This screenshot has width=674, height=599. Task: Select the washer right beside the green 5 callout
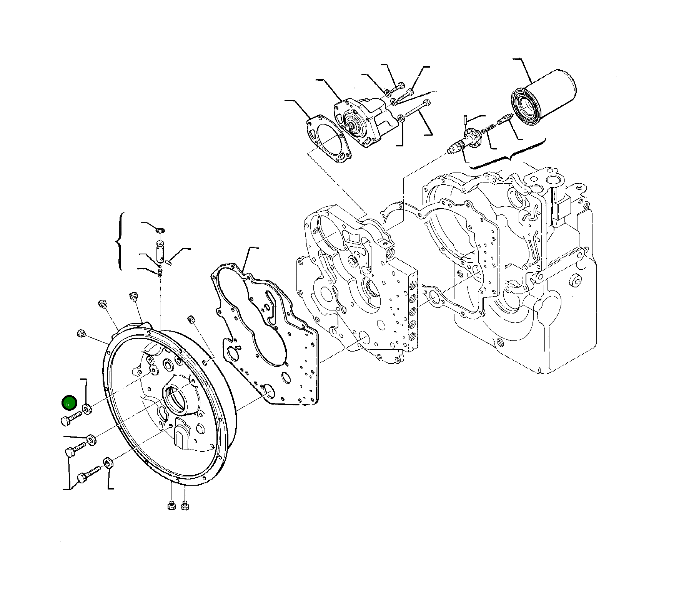click(87, 409)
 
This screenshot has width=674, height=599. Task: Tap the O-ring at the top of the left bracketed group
click(160, 230)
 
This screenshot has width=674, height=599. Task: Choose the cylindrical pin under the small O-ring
click(160, 250)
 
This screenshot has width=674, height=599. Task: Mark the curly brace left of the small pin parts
click(120, 241)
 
